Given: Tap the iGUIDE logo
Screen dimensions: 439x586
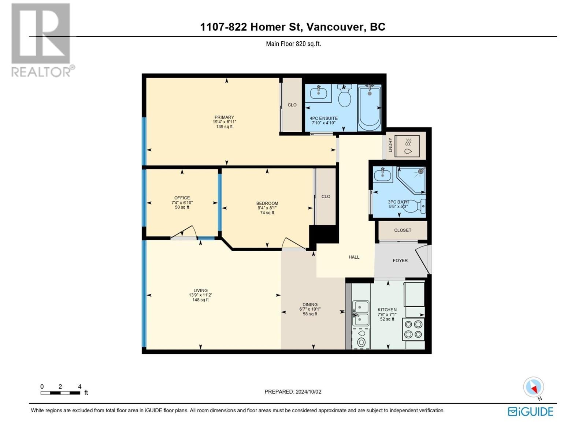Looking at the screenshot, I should click(x=530, y=412).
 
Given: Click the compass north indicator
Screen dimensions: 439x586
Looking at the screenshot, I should click(x=534, y=387).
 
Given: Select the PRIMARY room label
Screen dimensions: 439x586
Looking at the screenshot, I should click(x=224, y=117).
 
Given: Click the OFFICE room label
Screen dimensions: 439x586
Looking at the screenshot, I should click(x=182, y=198).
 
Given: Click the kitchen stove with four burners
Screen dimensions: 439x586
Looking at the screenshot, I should click(x=413, y=329).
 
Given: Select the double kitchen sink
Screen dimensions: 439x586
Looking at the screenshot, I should click(x=360, y=313).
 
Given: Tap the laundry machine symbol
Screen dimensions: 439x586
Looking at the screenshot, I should click(x=407, y=146).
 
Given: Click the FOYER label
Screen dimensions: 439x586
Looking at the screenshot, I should click(x=400, y=260).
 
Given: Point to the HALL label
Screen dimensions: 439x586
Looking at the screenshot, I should click(x=354, y=257).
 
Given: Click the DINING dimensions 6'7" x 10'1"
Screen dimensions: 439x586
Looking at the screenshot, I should click(x=310, y=309).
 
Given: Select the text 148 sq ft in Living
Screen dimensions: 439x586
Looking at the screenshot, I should click(x=200, y=300).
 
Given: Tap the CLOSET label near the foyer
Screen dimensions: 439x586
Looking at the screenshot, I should click(x=403, y=230).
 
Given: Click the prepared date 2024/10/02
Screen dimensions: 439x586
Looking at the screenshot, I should click(x=308, y=391).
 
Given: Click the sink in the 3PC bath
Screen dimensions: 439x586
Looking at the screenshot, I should click(x=382, y=175).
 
